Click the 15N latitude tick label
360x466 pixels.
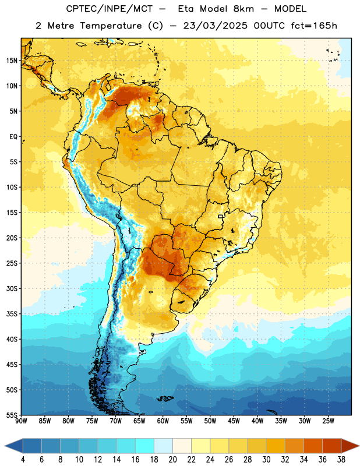[11, 61]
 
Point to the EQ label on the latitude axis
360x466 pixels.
[13, 137]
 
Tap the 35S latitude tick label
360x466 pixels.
[11, 314]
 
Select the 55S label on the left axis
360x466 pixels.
[11, 415]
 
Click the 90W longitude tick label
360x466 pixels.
[21, 421]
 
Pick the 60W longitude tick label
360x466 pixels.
[163, 421]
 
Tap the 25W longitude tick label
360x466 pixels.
[328, 421]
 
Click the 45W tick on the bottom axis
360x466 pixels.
[234, 421]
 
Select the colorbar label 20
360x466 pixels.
[172, 460]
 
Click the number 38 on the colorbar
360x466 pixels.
[341, 460]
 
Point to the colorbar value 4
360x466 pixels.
[23, 460]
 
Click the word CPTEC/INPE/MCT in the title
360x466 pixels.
[110, 9]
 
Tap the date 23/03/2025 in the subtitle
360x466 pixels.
[215, 26]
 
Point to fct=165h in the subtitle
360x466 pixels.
[314, 26]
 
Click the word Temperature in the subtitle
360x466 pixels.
[111, 26]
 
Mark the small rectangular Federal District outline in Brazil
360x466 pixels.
[221, 216]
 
